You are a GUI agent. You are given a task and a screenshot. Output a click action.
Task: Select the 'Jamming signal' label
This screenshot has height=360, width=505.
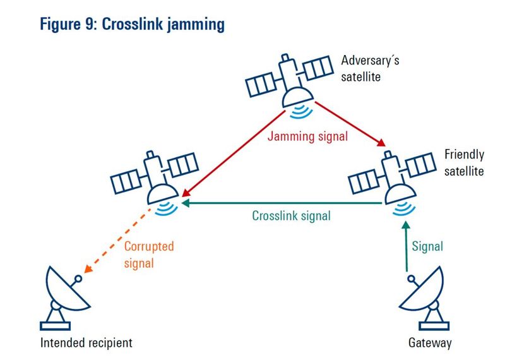(x=307, y=136)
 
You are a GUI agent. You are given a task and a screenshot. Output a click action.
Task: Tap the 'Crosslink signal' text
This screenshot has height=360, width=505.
(x=291, y=215)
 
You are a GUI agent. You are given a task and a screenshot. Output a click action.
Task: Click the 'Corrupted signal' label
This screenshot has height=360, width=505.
(x=148, y=254)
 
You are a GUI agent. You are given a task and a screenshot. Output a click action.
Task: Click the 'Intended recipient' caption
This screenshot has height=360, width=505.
(x=86, y=343)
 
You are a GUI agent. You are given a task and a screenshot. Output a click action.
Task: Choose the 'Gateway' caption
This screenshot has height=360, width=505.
(x=430, y=343)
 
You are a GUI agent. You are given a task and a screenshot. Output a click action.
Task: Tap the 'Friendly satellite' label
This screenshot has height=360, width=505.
(x=464, y=162)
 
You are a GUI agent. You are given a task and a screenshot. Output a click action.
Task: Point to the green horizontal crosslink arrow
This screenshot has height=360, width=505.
(x=284, y=203)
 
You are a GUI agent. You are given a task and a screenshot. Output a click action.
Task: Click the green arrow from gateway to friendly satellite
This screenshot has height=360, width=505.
(x=407, y=246)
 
